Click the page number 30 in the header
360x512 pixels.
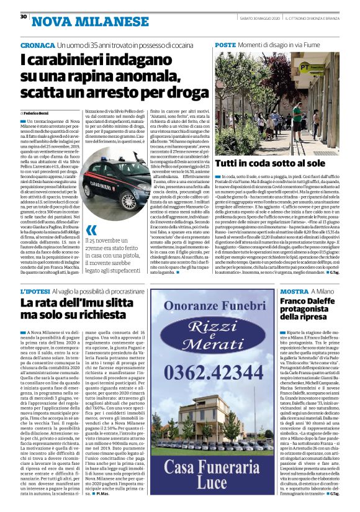[x=23, y=17]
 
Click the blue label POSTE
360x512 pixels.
[x=225, y=46]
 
